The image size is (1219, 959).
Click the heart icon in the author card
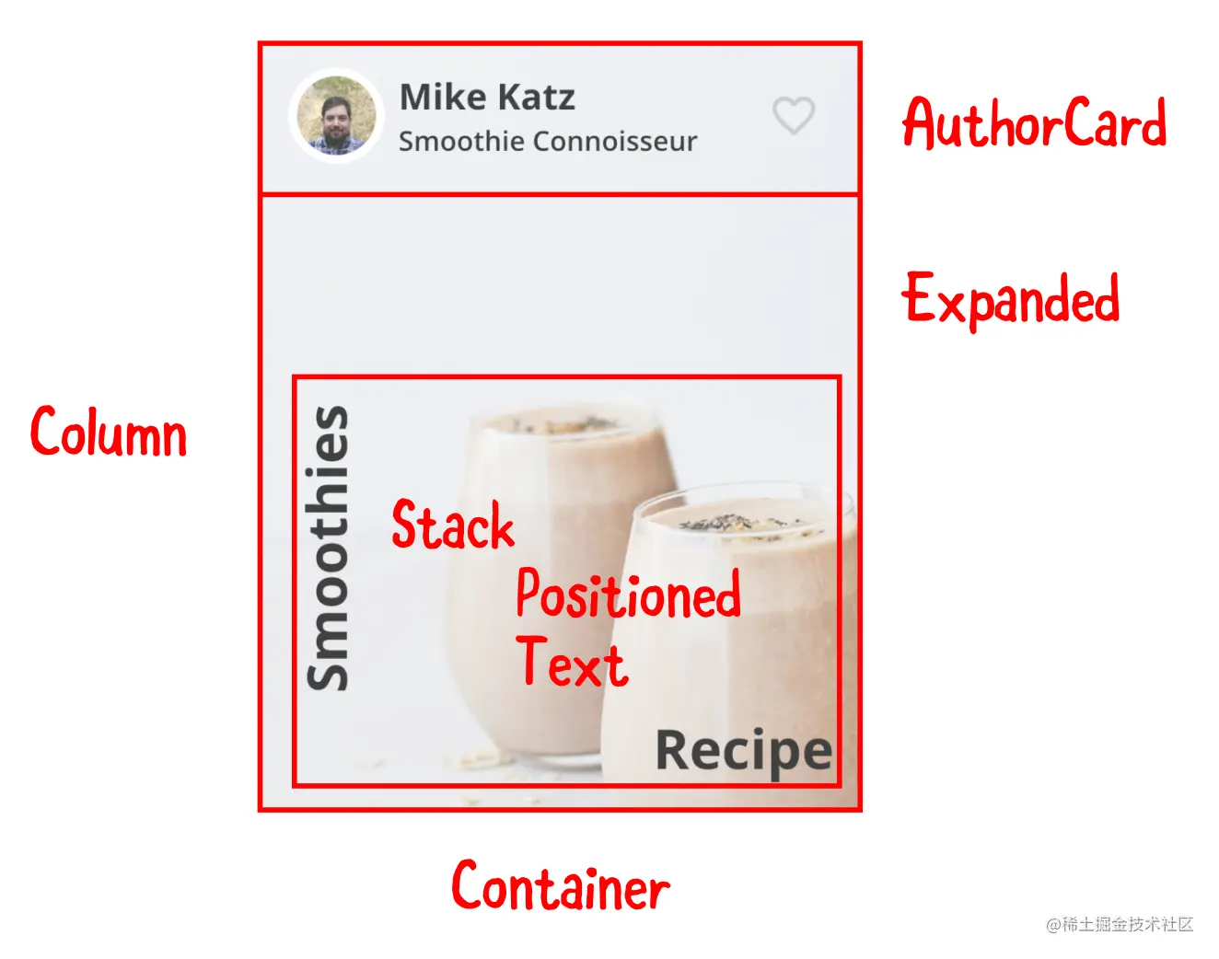[793, 116]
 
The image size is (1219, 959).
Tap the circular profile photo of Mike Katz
[336, 116]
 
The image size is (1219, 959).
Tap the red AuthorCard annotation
[1034, 123]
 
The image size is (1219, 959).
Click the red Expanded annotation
[1010, 299]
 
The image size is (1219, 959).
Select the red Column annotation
[109, 432]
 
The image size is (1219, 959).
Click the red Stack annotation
[452, 526]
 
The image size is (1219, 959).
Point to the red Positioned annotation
[628, 594]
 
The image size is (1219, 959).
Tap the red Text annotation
[572, 663]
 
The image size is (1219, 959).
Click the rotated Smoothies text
[328, 548]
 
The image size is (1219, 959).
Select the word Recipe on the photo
[743, 750]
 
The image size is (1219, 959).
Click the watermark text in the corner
[1119, 924]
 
